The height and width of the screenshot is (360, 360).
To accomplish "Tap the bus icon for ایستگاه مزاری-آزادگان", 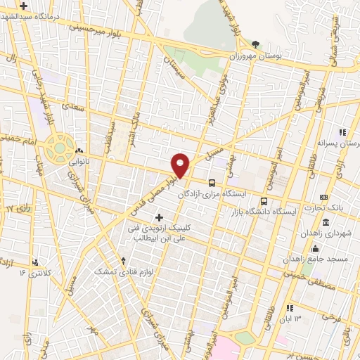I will [x=212, y=182].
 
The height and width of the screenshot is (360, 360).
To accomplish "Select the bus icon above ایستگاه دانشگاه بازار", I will [x=264, y=202].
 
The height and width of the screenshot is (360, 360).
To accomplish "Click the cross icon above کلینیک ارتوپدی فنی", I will [x=160, y=217].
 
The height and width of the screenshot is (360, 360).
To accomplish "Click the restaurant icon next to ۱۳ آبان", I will [x=290, y=309].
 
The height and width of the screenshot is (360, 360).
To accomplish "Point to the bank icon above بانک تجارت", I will [x=323, y=196].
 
